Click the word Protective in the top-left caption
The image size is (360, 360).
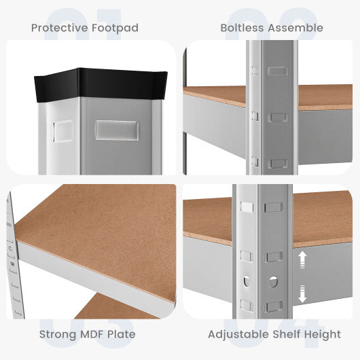60,28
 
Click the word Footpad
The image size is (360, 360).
115,28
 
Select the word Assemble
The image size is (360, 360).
295,28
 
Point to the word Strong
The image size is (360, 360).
58,334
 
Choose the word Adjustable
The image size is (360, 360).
239,334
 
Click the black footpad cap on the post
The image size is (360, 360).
101,84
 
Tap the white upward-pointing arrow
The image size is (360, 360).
302,259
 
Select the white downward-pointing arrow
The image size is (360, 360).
302,294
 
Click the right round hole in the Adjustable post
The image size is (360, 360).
273,282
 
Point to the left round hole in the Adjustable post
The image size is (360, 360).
247,281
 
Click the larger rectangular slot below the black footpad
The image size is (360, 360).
117,130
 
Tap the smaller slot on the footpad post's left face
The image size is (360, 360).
63,131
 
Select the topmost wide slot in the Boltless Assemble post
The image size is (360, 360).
277,71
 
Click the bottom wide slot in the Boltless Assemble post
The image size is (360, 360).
278,164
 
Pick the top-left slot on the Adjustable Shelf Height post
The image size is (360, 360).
247,206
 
